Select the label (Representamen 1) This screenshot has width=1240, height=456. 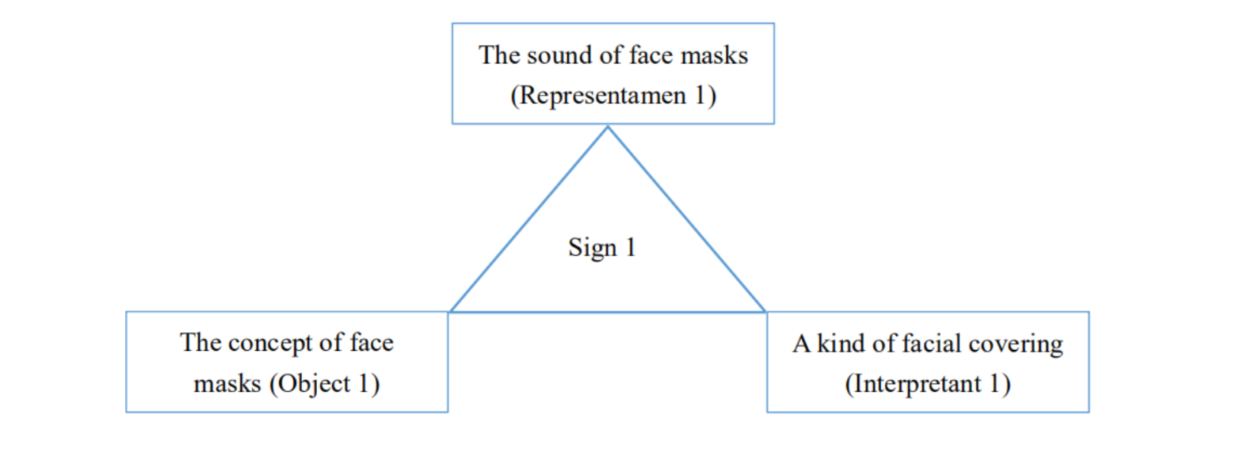(613, 96)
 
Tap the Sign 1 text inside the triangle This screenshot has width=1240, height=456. (602, 249)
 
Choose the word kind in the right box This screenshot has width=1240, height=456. (840, 345)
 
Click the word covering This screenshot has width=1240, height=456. (1019, 346)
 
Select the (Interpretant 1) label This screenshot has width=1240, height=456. (927, 386)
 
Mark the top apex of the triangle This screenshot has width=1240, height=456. (607, 127)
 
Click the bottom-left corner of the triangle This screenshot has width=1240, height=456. (450, 311)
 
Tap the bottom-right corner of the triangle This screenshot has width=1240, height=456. (766, 311)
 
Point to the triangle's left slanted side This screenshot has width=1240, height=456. (528, 220)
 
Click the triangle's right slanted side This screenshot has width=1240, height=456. (686, 220)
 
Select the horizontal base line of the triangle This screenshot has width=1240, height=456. (607, 311)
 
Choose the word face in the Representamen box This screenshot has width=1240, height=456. (646, 57)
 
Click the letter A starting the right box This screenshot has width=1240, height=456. (800, 345)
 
